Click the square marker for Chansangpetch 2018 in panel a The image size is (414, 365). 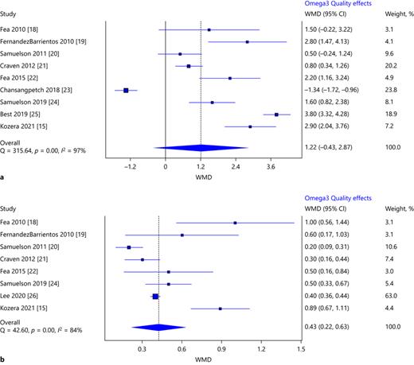pos(127,90)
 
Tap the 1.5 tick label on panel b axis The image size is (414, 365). pos(299,348)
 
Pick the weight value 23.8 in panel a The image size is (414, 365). pos(378,90)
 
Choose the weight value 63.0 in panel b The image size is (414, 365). pos(378,295)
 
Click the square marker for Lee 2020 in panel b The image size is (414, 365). pos(155,296)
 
